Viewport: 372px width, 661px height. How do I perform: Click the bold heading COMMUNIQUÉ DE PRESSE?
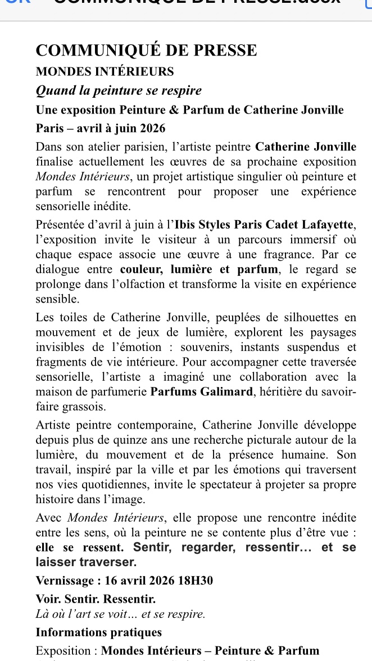tap(146, 51)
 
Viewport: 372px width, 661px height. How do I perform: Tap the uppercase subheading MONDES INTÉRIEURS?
tap(105, 72)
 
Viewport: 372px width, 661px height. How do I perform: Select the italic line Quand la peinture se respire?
tap(119, 90)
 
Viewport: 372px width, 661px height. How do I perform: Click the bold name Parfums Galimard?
tap(202, 391)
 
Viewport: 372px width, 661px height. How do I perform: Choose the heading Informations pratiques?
tap(99, 632)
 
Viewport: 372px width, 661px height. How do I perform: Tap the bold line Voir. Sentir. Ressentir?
tap(96, 599)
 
